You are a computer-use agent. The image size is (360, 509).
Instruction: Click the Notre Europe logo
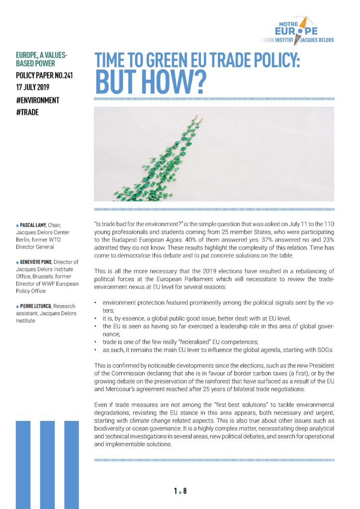[299, 30]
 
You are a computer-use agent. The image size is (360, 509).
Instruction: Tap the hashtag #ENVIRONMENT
[38, 100]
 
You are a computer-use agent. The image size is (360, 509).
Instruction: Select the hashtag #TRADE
[28, 112]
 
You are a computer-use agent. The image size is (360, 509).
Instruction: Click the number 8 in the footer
[185, 492]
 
